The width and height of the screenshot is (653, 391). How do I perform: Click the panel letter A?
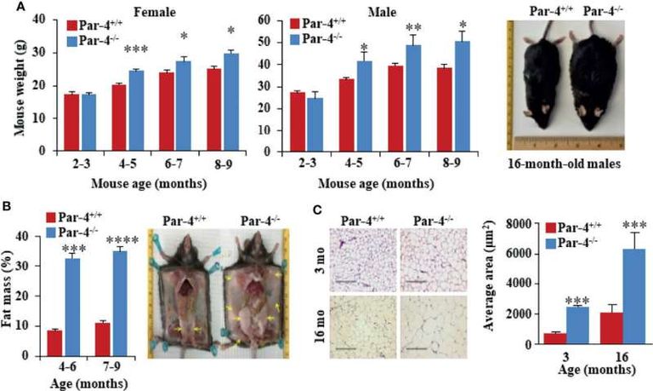[x=8, y=8]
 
